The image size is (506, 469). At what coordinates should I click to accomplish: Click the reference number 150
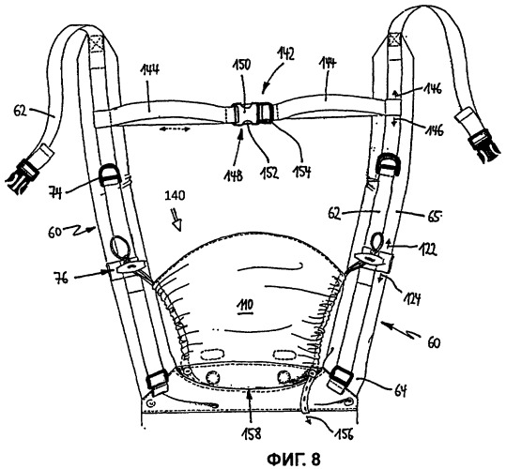(x=242, y=66)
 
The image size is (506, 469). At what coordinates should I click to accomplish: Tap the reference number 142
(x=285, y=54)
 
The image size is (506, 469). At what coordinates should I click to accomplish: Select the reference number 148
(x=235, y=176)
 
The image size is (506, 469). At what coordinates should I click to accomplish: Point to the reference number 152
(x=269, y=174)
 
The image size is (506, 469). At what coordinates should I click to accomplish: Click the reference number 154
(x=301, y=172)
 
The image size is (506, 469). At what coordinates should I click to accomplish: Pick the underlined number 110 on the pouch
(x=245, y=305)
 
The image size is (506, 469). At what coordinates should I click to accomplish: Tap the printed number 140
(x=175, y=195)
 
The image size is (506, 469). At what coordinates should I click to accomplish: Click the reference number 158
(x=252, y=433)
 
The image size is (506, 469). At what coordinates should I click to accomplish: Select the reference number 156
(x=344, y=433)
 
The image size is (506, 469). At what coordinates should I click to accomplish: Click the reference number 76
(x=61, y=278)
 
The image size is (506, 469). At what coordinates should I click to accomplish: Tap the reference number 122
(x=427, y=249)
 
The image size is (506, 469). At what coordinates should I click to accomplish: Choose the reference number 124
(x=411, y=299)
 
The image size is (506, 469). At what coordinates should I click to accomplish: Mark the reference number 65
(x=434, y=217)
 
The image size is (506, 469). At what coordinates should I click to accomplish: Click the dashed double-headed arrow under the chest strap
(x=176, y=129)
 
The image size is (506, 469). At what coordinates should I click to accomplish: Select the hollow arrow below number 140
(x=176, y=220)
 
